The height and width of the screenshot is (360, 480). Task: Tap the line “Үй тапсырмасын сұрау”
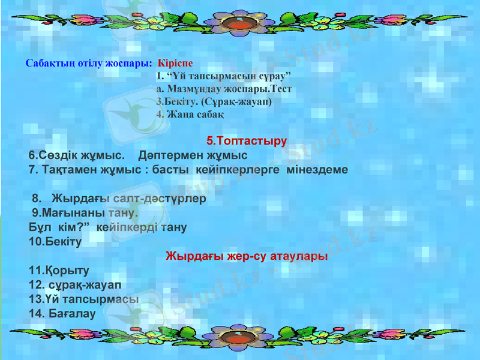(x=223, y=76)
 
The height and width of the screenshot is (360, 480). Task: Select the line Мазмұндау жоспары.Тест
(x=223, y=89)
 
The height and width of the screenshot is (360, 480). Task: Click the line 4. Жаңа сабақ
(x=190, y=114)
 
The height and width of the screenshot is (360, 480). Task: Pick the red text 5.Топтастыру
(x=246, y=142)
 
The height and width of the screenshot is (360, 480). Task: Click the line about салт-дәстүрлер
(x=120, y=197)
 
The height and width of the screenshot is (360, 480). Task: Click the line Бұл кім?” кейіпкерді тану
(x=107, y=227)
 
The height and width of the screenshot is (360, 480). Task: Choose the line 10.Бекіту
(x=55, y=242)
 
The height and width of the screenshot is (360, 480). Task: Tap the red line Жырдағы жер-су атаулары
(x=246, y=256)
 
